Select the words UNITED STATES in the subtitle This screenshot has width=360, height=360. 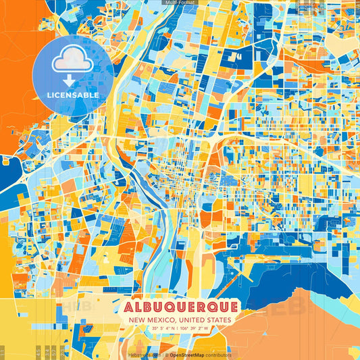pos(203,320)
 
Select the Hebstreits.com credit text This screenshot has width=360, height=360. pos(144,355)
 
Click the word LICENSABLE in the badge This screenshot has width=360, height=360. pos(73,95)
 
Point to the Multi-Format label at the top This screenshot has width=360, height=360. pos(179,3)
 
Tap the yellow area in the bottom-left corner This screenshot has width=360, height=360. pos(27,324)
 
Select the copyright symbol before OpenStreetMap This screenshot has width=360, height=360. pos(165,355)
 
